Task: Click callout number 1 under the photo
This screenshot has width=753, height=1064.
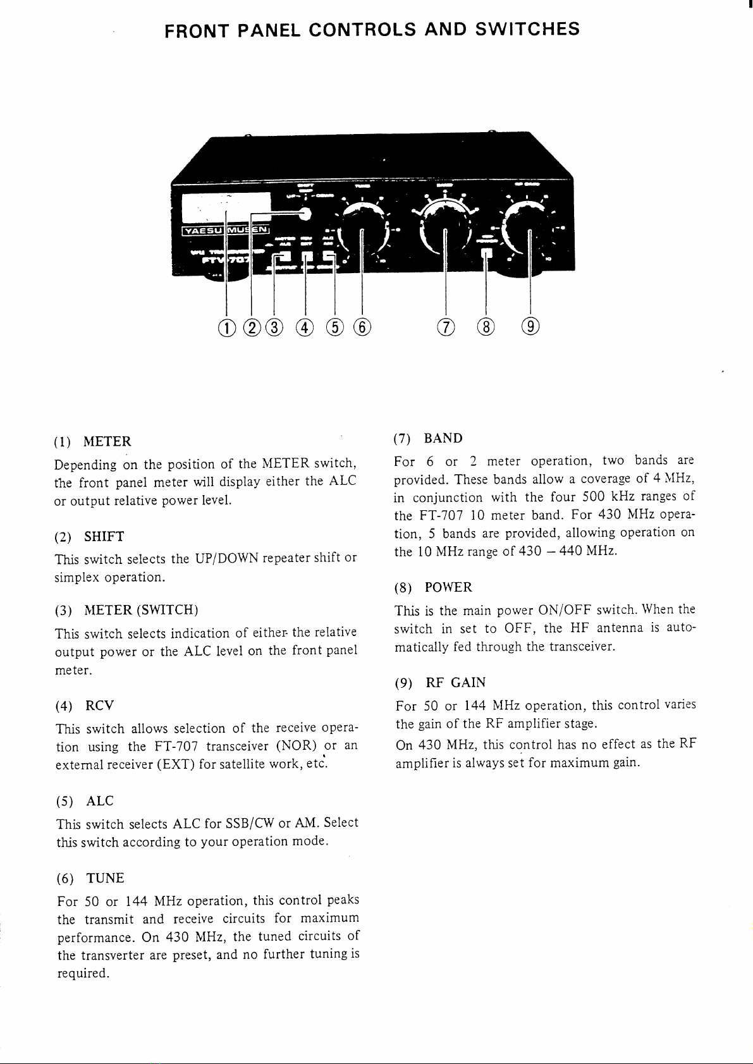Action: (x=226, y=327)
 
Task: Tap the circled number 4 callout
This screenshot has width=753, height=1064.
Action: (x=305, y=327)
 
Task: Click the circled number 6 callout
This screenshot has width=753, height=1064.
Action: (x=362, y=327)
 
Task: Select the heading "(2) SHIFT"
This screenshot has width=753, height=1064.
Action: (x=90, y=537)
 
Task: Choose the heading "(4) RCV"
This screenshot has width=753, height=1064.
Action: (x=85, y=705)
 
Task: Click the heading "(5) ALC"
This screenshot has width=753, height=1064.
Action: (x=85, y=801)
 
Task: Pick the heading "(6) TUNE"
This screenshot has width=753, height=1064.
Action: (x=90, y=878)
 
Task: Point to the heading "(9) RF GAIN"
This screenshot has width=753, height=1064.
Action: (x=440, y=683)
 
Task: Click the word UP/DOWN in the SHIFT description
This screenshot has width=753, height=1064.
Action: (x=226, y=558)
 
